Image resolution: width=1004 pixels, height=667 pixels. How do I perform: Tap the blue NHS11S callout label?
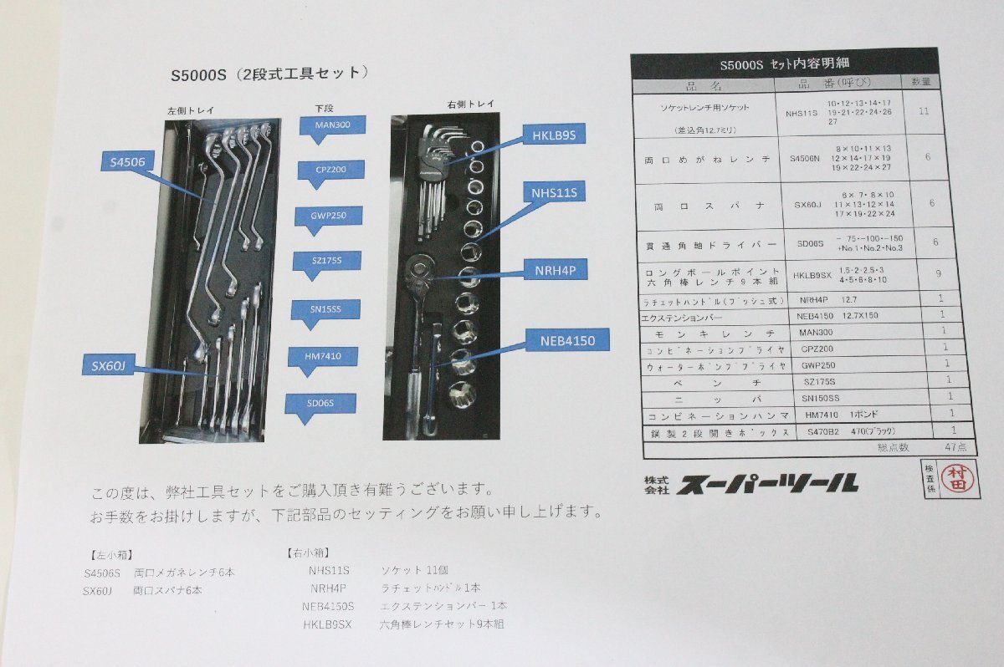tap(555, 194)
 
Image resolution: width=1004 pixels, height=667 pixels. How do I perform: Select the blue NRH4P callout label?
tap(555, 269)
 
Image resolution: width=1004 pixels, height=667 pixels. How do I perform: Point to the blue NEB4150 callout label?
tap(567, 340)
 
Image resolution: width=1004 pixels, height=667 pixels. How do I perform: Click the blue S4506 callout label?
tap(127, 160)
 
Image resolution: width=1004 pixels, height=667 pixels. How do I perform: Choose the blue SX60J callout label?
tap(109, 365)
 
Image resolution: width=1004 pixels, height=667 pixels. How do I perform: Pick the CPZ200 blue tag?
tap(331, 170)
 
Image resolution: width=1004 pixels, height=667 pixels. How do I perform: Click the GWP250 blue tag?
tap(328, 216)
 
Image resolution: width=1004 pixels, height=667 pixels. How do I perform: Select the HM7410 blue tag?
tap(322, 357)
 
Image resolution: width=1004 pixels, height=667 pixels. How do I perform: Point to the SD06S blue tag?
tap(320, 404)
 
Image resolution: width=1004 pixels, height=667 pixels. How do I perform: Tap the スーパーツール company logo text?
tap(766, 482)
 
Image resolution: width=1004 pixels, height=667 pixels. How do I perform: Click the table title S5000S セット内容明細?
tap(783, 64)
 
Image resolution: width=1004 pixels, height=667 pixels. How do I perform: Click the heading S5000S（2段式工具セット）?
tap(269, 74)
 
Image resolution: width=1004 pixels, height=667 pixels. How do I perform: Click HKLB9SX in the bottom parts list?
tap(327, 624)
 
